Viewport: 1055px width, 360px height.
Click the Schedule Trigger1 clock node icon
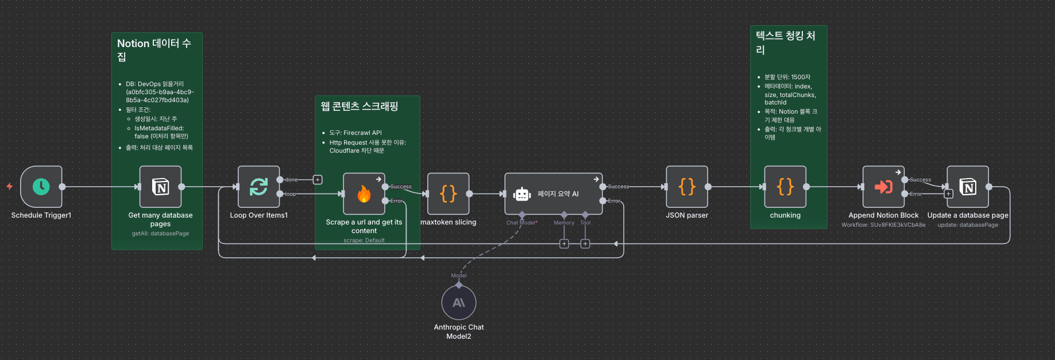pyautogui.click(x=41, y=187)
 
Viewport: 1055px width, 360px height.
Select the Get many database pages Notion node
pyautogui.click(x=161, y=187)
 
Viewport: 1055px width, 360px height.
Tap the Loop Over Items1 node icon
pyautogui.click(x=258, y=187)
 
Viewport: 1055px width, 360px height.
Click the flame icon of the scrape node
pyautogui.click(x=364, y=194)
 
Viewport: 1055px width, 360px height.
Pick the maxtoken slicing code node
pyautogui.click(x=449, y=194)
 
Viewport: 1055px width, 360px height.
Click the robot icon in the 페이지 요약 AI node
pyautogui.click(x=522, y=194)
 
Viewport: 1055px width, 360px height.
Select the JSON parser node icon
pyautogui.click(x=687, y=187)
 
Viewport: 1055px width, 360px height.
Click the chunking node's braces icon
pyautogui.click(x=785, y=187)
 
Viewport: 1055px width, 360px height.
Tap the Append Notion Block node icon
pyautogui.click(x=883, y=187)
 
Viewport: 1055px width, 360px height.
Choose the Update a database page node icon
pyautogui.click(x=968, y=187)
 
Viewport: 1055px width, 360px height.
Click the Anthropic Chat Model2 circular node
pyautogui.click(x=459, y=303)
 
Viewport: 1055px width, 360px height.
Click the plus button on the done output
pyautogui.click(x=318, y=180)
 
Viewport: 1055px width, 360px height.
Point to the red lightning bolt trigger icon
pyautogui.click(x=10, y=186)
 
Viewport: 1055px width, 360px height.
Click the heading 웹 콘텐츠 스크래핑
pyautogui.click(x=360, y=106)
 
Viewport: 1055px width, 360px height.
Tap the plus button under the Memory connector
pyautogui.click(x=564, y=244)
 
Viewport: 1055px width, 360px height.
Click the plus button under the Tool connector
pyautogui.click(x=585, y=244)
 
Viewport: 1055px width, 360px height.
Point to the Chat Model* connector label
pyautogui.click(x=521, y=223)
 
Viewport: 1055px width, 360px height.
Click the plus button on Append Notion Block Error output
pyautogui.click(x=949, y=194)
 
